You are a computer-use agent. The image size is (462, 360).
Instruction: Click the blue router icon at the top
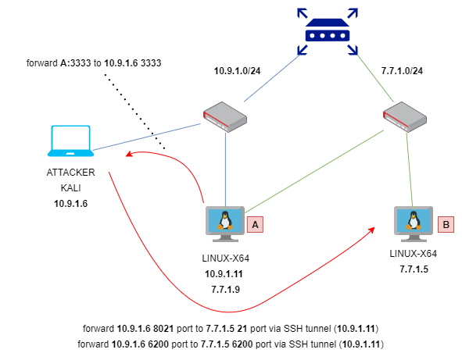tap(328, 31)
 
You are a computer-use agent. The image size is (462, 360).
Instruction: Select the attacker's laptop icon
tap(70, 141)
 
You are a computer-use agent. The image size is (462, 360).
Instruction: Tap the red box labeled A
tap(255, 225)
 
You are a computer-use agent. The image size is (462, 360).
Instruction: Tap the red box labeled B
tap(446, 225)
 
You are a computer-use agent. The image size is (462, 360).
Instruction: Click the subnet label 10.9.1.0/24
tap(237, 71)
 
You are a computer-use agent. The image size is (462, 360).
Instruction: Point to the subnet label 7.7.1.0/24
tap(402, 71)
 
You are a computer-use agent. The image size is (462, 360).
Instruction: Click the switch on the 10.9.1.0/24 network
tap(225, 117)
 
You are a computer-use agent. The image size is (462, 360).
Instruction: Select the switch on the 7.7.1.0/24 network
tap(405, 117)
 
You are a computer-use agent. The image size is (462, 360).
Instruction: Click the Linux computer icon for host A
tap(225, 224)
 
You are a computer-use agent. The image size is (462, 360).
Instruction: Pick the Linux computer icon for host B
tap(414, 224)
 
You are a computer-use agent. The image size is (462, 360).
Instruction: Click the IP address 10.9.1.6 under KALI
tap(70, 204)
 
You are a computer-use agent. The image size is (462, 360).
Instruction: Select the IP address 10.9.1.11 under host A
tap(224, 274)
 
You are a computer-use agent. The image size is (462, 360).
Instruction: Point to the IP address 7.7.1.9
tap(225, 290)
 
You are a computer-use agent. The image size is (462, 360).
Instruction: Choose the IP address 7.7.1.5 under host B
tap(414, 269)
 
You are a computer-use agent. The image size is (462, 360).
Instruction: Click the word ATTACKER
tap(70, 173)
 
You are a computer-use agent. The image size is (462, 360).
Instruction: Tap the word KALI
tap(70, 188)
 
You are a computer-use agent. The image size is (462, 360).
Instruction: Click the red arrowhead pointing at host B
tap(371, 230)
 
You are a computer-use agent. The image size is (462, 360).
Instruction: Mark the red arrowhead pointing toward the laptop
tap(129, 154)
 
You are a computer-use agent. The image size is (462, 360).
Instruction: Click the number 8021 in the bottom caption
tap(163, 329)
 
